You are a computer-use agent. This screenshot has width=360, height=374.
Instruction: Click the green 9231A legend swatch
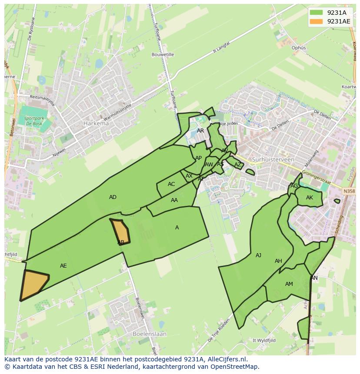point(317,13)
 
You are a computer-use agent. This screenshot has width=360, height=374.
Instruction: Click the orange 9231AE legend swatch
point(317,21)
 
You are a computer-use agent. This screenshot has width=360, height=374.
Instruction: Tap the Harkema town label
point(96,123)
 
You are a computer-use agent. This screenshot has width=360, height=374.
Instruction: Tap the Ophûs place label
point(299,48)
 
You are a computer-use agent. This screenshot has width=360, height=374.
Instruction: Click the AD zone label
point(113,197)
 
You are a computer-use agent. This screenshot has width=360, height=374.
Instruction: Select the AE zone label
point(63,266)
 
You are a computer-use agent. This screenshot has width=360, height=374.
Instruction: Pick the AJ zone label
point(258,255)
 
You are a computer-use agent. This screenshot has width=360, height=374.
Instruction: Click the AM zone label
point(289,284)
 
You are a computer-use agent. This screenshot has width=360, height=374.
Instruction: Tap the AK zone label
point(310,198)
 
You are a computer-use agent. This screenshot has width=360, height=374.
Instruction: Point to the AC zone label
point(171,184)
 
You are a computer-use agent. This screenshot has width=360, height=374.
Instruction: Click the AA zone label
point(174,200)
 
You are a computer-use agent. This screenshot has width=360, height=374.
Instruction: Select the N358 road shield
point(348,191)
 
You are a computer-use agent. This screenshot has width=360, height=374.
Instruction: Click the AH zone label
point(278,261)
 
